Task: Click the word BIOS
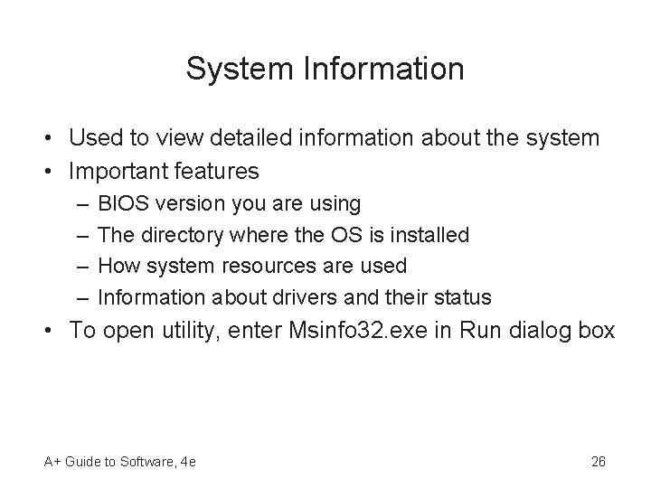[122, 204]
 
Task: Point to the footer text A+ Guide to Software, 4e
[119, 462]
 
